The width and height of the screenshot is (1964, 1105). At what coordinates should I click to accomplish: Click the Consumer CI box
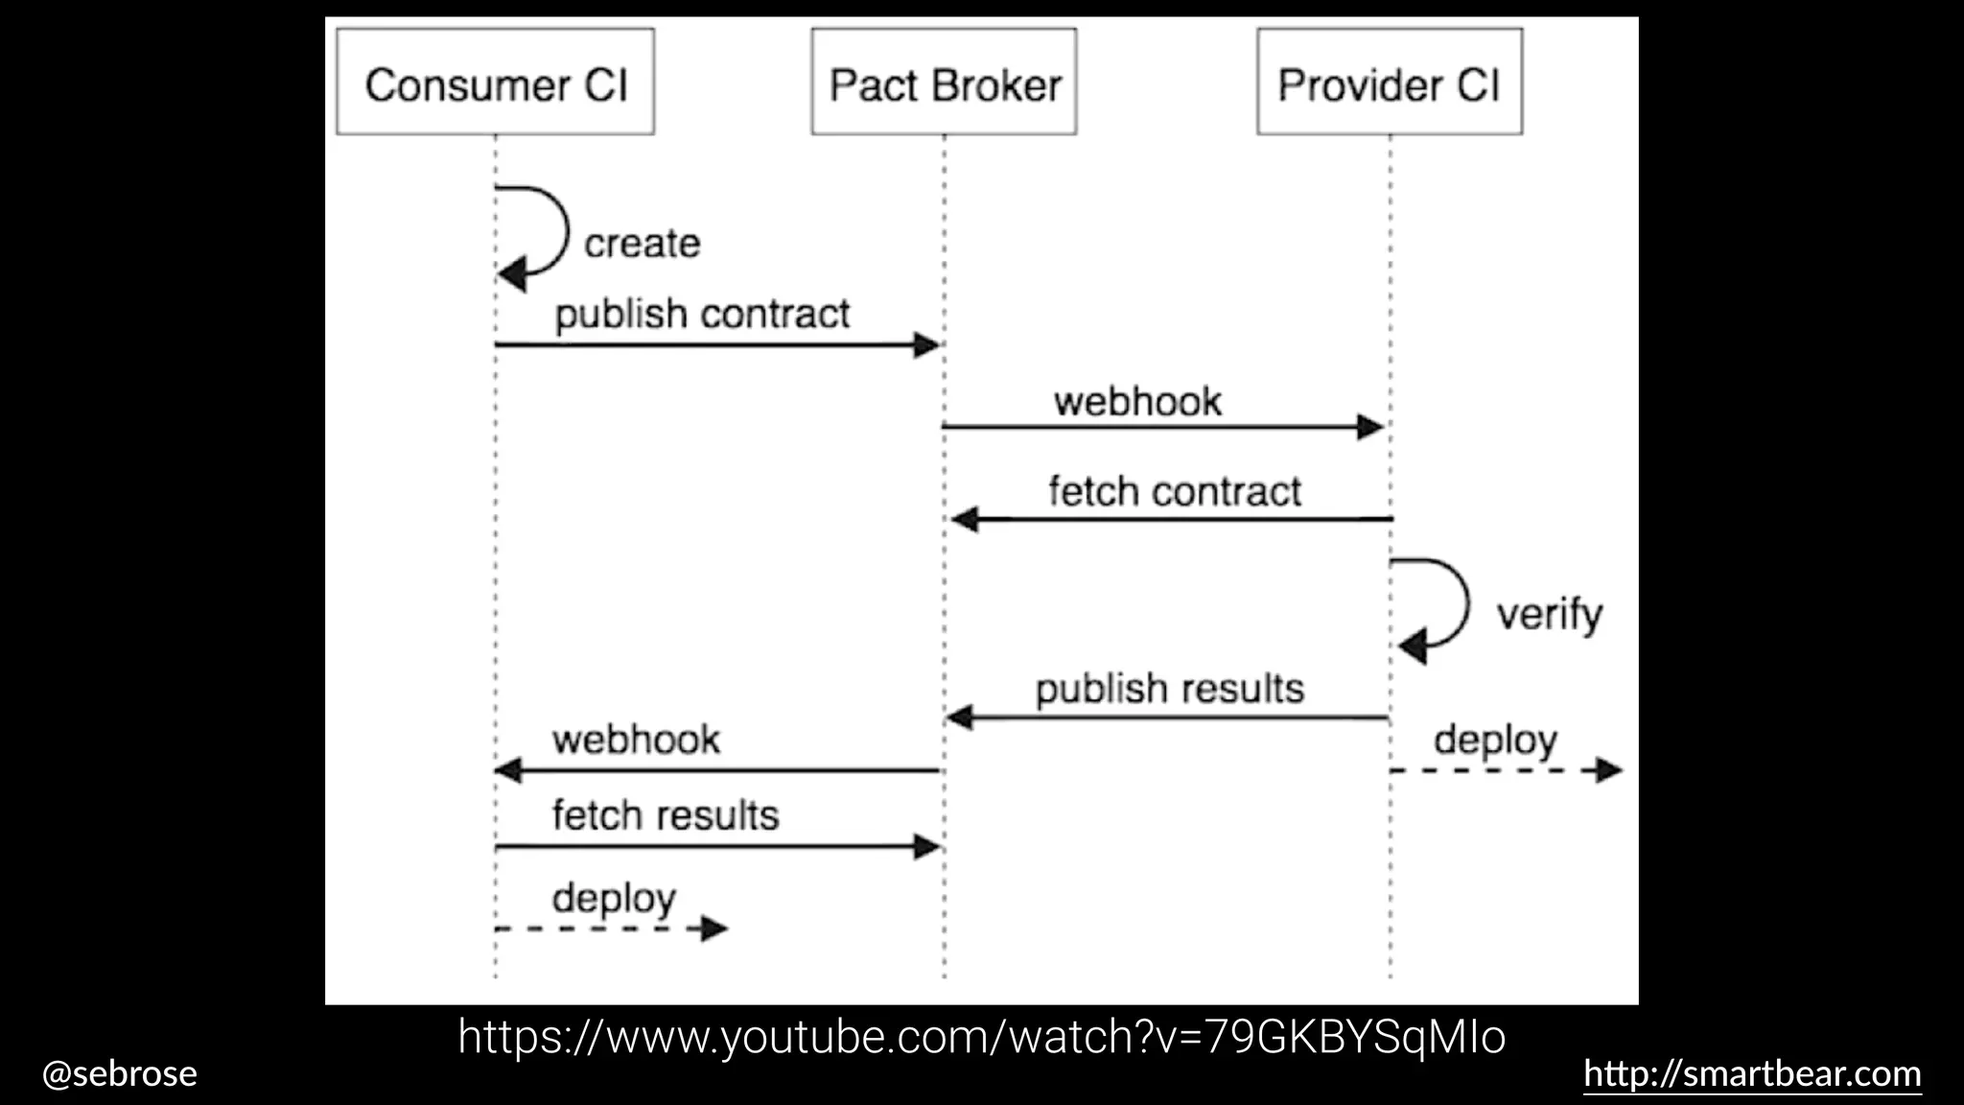tap(495, 82)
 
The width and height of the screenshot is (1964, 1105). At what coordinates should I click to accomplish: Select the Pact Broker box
tap(944, 82)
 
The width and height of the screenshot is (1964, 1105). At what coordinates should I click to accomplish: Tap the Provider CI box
tap(1389, 82)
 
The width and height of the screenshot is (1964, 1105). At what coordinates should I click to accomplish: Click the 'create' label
tap(642, 244)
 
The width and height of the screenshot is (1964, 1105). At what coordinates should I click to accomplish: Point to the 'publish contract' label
tap(702, 314)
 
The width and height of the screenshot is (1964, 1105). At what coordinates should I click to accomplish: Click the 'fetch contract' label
tap(1174, 491)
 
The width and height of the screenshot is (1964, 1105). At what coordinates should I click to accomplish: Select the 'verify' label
tap(1549, 614)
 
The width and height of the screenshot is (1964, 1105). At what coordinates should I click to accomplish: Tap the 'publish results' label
tap(1169, 689)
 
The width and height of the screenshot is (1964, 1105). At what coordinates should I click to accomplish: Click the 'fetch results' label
tap(666, 815)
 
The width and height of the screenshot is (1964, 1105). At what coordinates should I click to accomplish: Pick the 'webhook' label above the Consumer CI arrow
tap(636, 740)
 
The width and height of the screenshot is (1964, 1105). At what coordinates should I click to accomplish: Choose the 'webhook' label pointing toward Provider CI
tap(1137, 402)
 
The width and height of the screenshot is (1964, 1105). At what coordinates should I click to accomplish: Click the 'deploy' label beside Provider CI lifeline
tap(1495, 741)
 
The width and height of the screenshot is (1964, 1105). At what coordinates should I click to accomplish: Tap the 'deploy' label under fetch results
tap(614, 899)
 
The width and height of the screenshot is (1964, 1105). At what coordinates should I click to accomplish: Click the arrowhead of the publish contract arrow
tap(926, 344)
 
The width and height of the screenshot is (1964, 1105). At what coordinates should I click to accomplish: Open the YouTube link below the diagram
tap(981, 1037)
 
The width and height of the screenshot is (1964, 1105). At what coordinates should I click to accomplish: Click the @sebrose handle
tap(120, 1073)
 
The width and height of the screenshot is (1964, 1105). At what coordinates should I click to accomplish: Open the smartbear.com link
tap(1752, 1073)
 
